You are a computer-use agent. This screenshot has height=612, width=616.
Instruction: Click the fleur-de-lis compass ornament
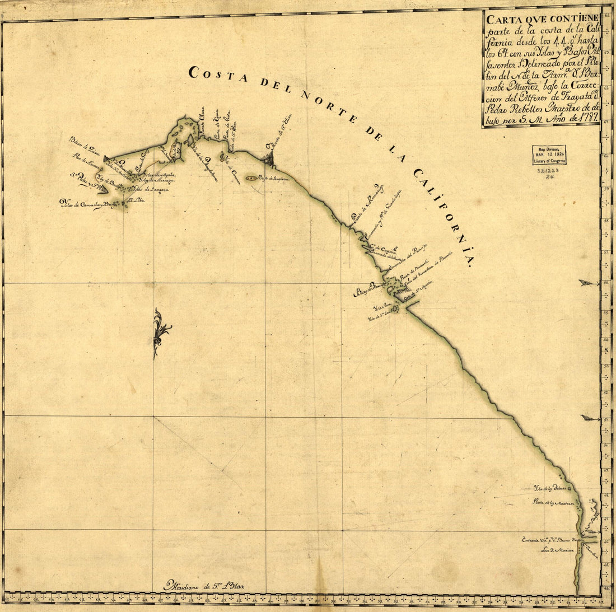(x=161, y=333)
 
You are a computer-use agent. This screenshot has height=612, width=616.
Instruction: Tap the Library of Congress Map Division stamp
(x=549, y=155)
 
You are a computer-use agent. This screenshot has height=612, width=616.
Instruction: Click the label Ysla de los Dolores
(x=553, y=489)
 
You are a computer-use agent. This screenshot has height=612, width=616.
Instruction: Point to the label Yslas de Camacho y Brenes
(x=87, y=205)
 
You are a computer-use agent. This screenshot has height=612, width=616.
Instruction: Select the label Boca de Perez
(x=370, y=291)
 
